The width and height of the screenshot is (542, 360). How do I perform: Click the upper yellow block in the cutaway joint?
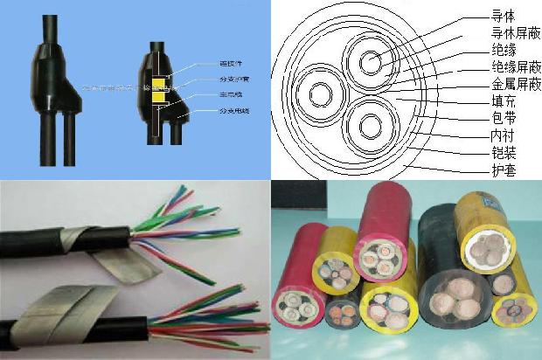click(x=159, y=86)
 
